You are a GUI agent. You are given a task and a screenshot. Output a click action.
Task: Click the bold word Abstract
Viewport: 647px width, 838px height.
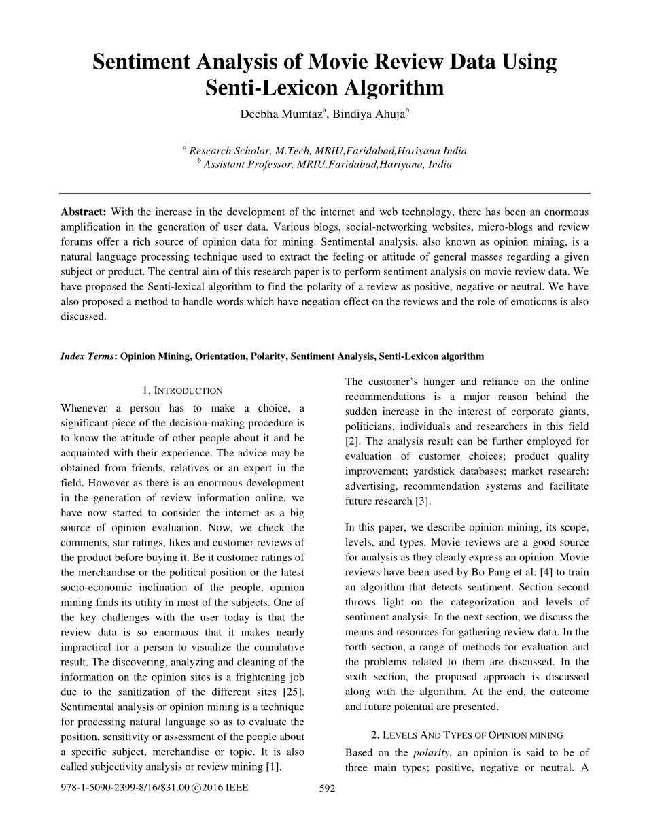pos(84,212)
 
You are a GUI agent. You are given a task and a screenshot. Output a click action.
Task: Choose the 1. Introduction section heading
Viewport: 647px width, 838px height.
pos(182,390)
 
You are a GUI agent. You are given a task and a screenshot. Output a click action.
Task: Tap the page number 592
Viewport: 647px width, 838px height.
pos(328,788)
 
